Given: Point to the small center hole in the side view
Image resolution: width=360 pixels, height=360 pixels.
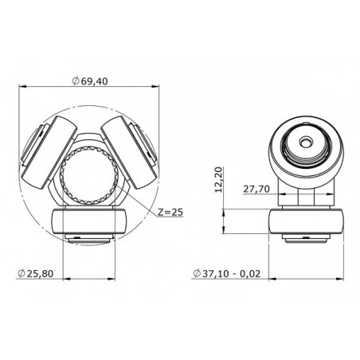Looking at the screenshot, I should point(306,140).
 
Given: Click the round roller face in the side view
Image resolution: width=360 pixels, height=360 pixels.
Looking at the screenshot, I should point(306,143).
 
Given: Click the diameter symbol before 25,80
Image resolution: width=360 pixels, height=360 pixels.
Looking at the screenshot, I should point(18,273).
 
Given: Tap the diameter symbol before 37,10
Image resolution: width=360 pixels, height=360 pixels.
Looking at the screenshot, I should point(196,273).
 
